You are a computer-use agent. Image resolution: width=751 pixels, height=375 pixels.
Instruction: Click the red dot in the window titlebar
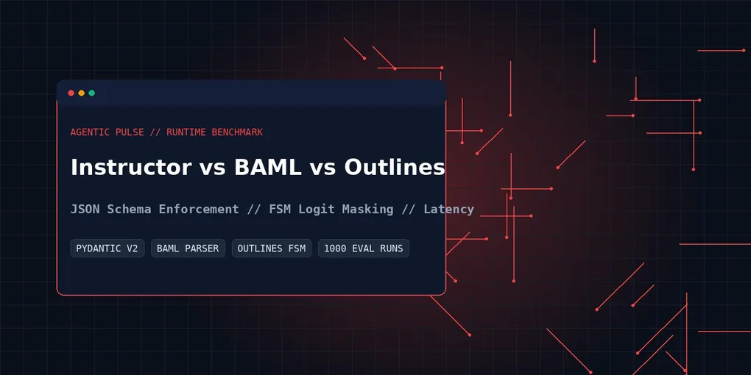click(71, 93)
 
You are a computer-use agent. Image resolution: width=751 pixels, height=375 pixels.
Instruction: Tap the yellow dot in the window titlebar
click(82, 93)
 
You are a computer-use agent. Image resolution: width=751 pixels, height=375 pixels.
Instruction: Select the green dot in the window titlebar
click(91, 93)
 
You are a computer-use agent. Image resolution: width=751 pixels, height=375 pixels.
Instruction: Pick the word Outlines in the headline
click(394, 168)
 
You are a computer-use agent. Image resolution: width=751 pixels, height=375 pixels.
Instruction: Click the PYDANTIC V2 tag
click(107, 249)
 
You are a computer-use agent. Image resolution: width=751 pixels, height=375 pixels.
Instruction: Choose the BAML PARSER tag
click(188, 249)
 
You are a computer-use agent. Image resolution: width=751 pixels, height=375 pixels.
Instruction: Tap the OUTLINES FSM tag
click(272, 249)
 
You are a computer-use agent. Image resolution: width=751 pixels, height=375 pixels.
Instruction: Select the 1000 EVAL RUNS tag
click(364, 249)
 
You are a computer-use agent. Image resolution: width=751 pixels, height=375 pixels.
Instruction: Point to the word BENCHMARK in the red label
click(237, 132)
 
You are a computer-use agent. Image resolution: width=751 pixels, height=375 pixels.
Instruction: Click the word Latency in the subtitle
click(449, 209)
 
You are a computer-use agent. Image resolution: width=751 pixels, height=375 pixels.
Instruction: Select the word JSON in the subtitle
click(85, 209)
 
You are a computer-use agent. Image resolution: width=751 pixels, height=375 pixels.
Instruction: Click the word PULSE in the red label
click(130, 132)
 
